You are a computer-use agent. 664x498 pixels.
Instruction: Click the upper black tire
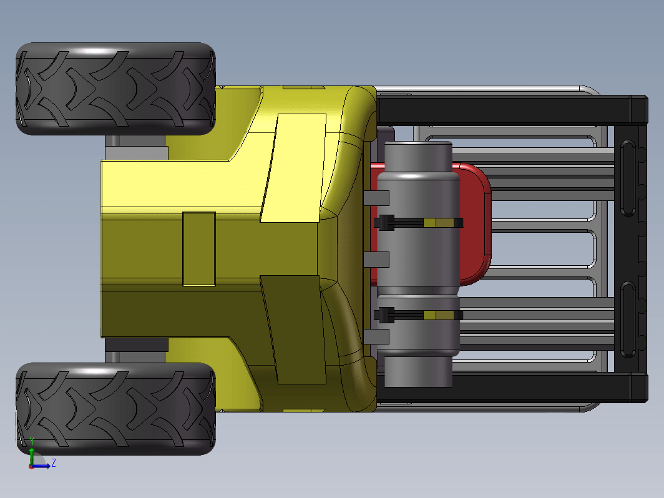tap(115, 89)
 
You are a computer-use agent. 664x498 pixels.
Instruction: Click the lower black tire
tap(115, 409)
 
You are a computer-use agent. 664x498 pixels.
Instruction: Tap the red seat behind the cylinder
tap(475, 223)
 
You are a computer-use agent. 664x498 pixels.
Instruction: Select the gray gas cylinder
tap(418, 264)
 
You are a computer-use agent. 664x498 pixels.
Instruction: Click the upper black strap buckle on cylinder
tap(384, 223)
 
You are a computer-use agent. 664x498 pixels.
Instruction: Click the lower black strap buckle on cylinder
tap(384, 315)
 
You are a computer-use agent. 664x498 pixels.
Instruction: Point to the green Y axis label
tap(32, 442)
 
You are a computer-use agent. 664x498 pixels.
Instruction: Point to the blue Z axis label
tap(54, 462)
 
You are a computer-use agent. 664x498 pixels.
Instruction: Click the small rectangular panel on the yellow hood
tap(199, 249)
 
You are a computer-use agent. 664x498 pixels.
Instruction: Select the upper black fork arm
tap(512, 110)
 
